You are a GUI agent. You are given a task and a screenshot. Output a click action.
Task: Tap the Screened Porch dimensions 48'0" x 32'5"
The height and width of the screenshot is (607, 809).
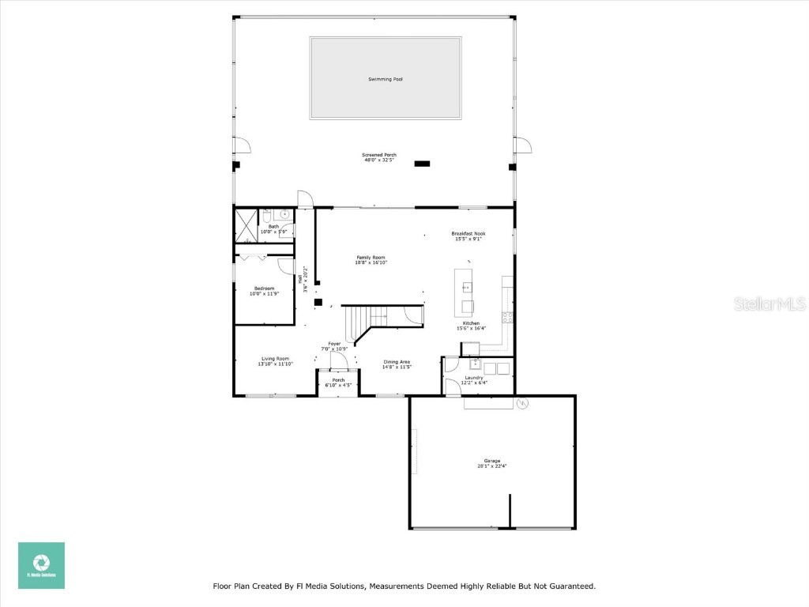[379, 160]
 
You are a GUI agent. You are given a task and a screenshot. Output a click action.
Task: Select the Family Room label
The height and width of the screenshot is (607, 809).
[371, 258]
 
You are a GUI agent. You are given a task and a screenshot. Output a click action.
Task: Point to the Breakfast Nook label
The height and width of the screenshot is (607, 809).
[468, 233]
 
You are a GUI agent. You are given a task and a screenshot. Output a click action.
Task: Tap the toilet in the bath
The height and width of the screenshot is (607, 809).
[268, 215]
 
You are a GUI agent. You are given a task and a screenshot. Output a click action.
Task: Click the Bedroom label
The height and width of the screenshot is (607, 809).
[264, 288]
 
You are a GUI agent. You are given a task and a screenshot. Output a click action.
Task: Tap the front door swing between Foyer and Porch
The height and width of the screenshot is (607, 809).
[337, 360]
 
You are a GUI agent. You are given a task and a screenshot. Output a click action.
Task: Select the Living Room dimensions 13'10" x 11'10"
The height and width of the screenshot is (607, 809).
[276, 364]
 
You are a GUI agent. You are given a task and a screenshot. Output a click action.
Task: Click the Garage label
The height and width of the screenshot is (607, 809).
[492, 461]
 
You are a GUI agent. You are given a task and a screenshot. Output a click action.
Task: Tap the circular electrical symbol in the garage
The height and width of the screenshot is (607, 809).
[521, 403]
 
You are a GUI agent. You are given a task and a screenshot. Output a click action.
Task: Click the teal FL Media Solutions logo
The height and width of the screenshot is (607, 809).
[42, 565]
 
